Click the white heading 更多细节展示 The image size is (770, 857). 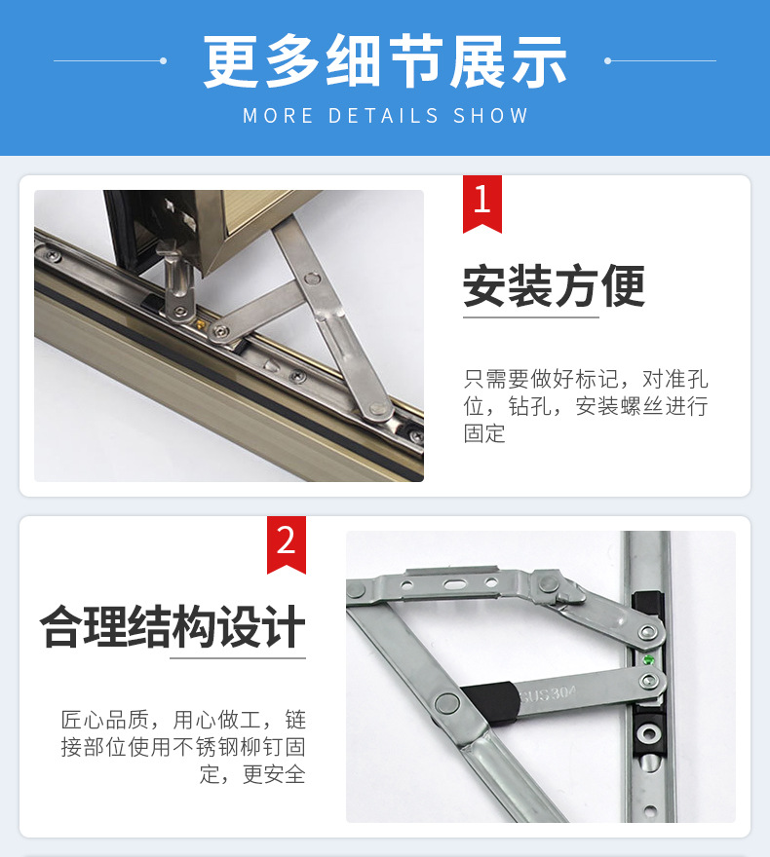(385, 62)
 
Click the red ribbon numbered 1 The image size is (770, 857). (481, 202)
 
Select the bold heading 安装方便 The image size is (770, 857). (554, 286)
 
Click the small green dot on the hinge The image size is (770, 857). (649, 659)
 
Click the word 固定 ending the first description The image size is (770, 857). (484, 433)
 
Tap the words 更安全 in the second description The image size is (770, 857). (273, 775)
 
